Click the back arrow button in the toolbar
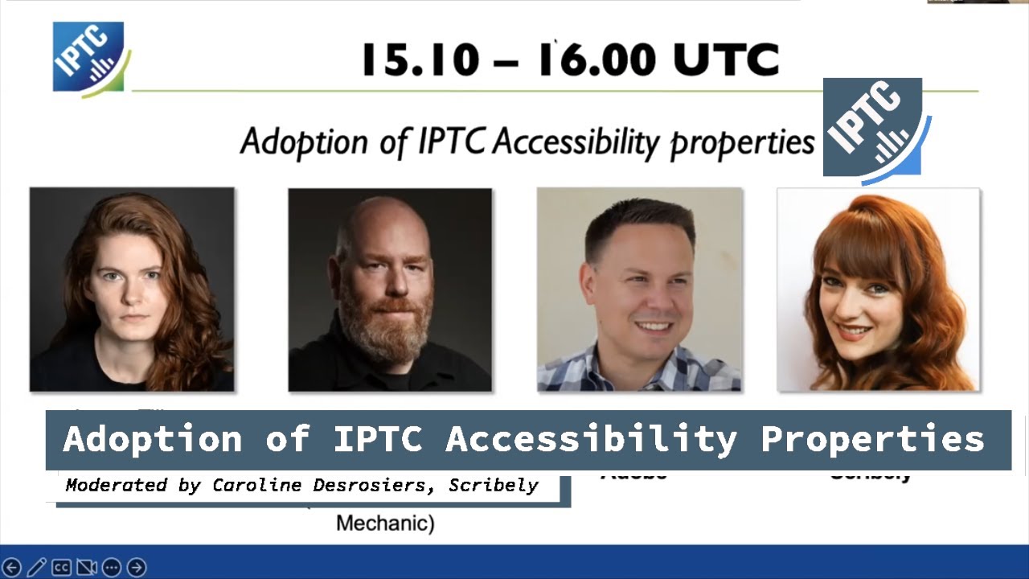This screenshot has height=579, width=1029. [x=12, y=568]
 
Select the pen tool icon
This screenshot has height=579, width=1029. [x=36, y=568]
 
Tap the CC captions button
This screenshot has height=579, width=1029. [x=62, y=568]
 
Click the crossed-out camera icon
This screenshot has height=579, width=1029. [x=87, y=568]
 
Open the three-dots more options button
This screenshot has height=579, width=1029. [x=112, y=568]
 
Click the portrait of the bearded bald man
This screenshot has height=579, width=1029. [x=390, y=289]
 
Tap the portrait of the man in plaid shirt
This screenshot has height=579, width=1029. [x=640, y=289]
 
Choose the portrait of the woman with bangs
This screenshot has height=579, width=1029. [x=878, y=289]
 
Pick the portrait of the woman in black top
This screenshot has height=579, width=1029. [x=132, y=289]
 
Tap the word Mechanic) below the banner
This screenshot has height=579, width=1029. [x=385, y=524]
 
